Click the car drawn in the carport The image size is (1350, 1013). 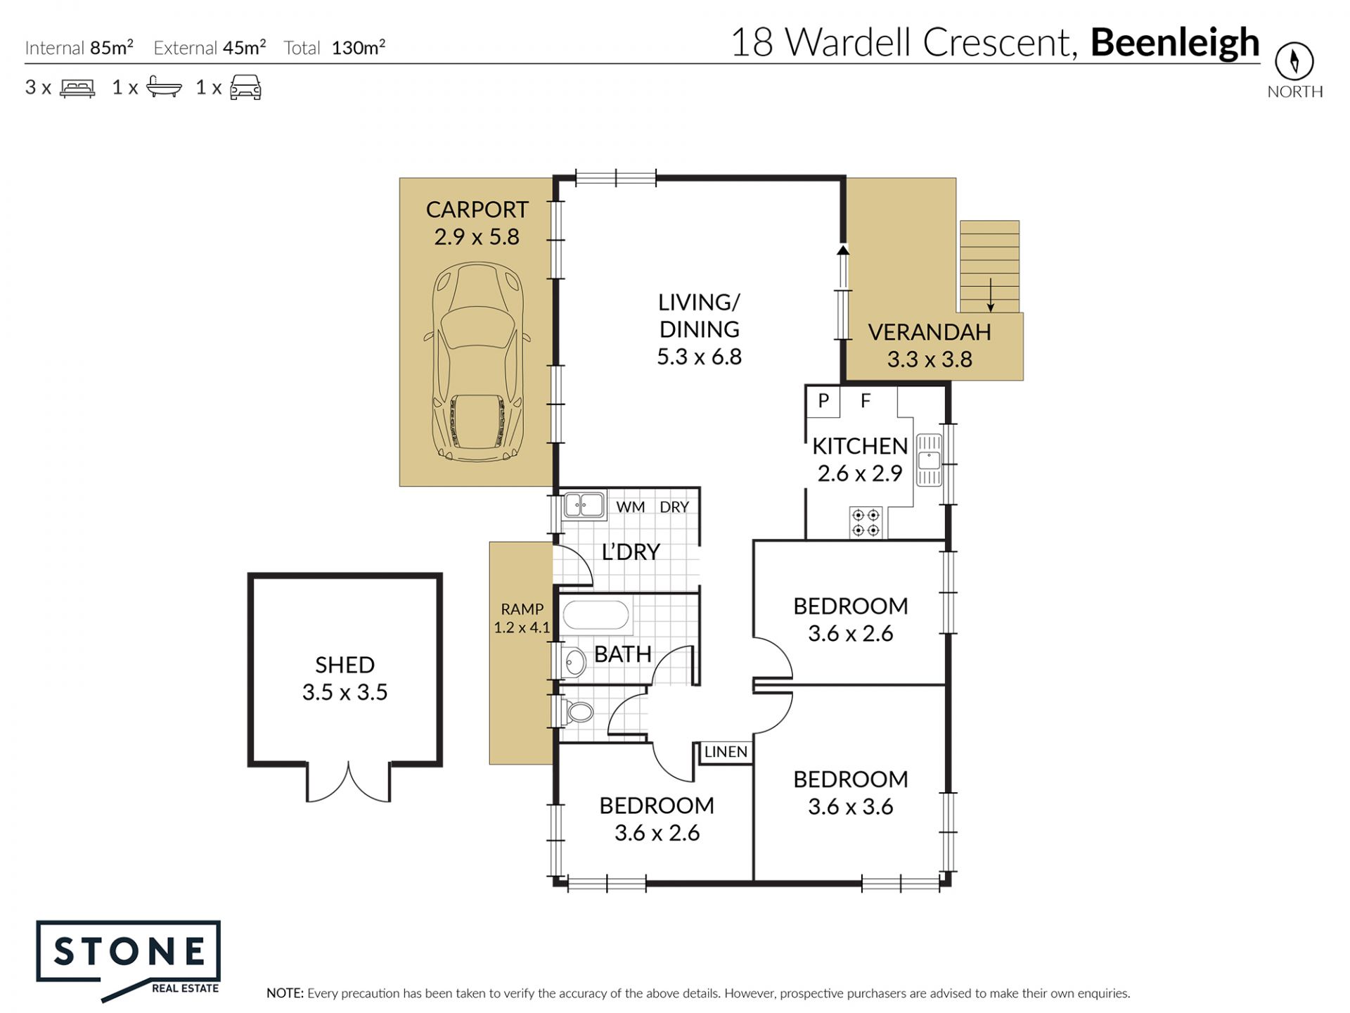(x=477, y=362)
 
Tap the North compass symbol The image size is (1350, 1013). (x=1294, y=60)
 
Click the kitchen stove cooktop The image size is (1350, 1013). (x=866, y=523)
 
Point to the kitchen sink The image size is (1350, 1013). (x=929, y=461)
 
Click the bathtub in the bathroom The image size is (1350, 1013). (x=596, y=616)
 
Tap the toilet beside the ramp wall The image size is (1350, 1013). (x=577, y=712)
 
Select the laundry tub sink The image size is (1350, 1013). (x=584, y=505)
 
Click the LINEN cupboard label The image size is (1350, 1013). (x=726, y=752)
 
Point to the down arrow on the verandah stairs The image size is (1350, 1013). (x=991, y=295)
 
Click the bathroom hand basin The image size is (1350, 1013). (x=574, y=663)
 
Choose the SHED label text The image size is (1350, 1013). (x=345, y=665)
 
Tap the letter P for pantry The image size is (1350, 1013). (x=823, y=400)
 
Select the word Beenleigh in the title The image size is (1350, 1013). (x=1175, y=42)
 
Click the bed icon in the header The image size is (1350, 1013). (x=77, y=88)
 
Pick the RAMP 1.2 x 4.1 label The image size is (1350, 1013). (x=522, y=618)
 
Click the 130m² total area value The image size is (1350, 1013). (x=358, y=47)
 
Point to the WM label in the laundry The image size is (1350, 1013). (x=631, y=507)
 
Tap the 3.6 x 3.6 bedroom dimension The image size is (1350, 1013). (x=850, y=806)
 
